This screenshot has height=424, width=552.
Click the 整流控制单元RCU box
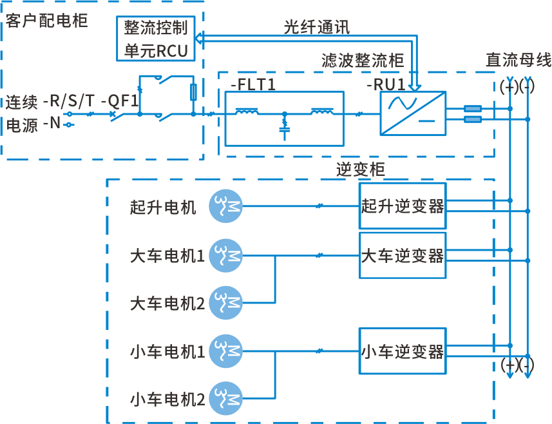[157, 39]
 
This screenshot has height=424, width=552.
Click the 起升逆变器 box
[402, 206]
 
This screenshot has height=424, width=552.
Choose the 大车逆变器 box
[402, 256]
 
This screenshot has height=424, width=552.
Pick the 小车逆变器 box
[402, 352]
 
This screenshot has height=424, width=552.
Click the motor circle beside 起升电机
[226, 206]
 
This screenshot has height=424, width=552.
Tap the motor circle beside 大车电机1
[226, 256]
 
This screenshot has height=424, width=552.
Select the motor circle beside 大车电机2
[226, 302]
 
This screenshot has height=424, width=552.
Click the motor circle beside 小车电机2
[226, 399]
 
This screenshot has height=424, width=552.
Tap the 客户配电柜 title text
[46, 21]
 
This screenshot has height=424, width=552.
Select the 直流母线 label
[518, 61]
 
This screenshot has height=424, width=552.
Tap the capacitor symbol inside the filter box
[284, 130]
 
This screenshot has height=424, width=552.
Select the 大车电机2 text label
[167, 303]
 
